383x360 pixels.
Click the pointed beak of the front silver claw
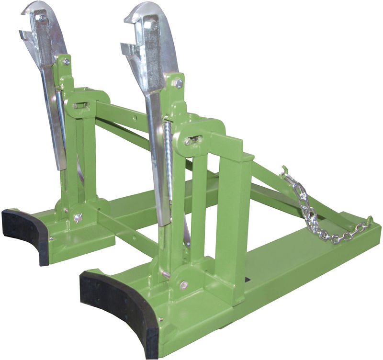click(128, 20)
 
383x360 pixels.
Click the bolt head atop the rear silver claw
click(43, 18)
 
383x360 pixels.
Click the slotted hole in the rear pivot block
click(80, 105)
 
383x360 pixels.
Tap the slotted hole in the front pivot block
click(194, 140)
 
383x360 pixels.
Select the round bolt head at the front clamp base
click(183, 285)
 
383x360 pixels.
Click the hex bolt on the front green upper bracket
click(179, 84)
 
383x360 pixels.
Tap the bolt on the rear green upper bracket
click(66, 61)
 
